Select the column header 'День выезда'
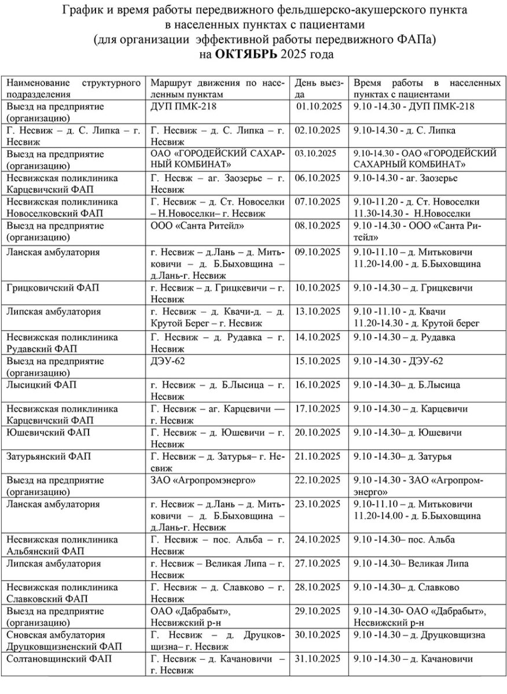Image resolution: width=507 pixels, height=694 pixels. pyautogui.click(x=319, y=88)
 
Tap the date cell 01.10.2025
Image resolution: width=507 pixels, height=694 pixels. pyautogui.click(x=319, y=106)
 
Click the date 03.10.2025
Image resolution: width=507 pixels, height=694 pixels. pyautogui.click(x=315, y=154)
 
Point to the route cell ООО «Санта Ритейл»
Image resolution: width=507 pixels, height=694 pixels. pyautogui.click(x=197, y=226)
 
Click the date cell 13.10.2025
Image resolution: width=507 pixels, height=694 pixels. pyautogui.click(x=318, y=312)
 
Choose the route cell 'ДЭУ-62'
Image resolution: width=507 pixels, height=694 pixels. pyautogui.click(x=168, y=361)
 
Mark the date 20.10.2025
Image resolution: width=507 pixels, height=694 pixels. pyautogui.click(x=318, y=433)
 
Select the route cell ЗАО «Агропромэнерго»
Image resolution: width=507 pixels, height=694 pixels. pyautogui.click(x=203, y=480)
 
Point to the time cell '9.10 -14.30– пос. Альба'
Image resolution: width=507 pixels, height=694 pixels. pyautogui.click(x=404, y=540)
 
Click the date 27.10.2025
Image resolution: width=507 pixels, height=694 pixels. pyautogui.click(x=318, y=563)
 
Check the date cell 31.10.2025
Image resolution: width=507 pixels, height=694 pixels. pyautogui.click(x=318, y=659)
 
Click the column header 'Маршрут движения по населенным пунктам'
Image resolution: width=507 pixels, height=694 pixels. pyautogui.click(x=217, y=88)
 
